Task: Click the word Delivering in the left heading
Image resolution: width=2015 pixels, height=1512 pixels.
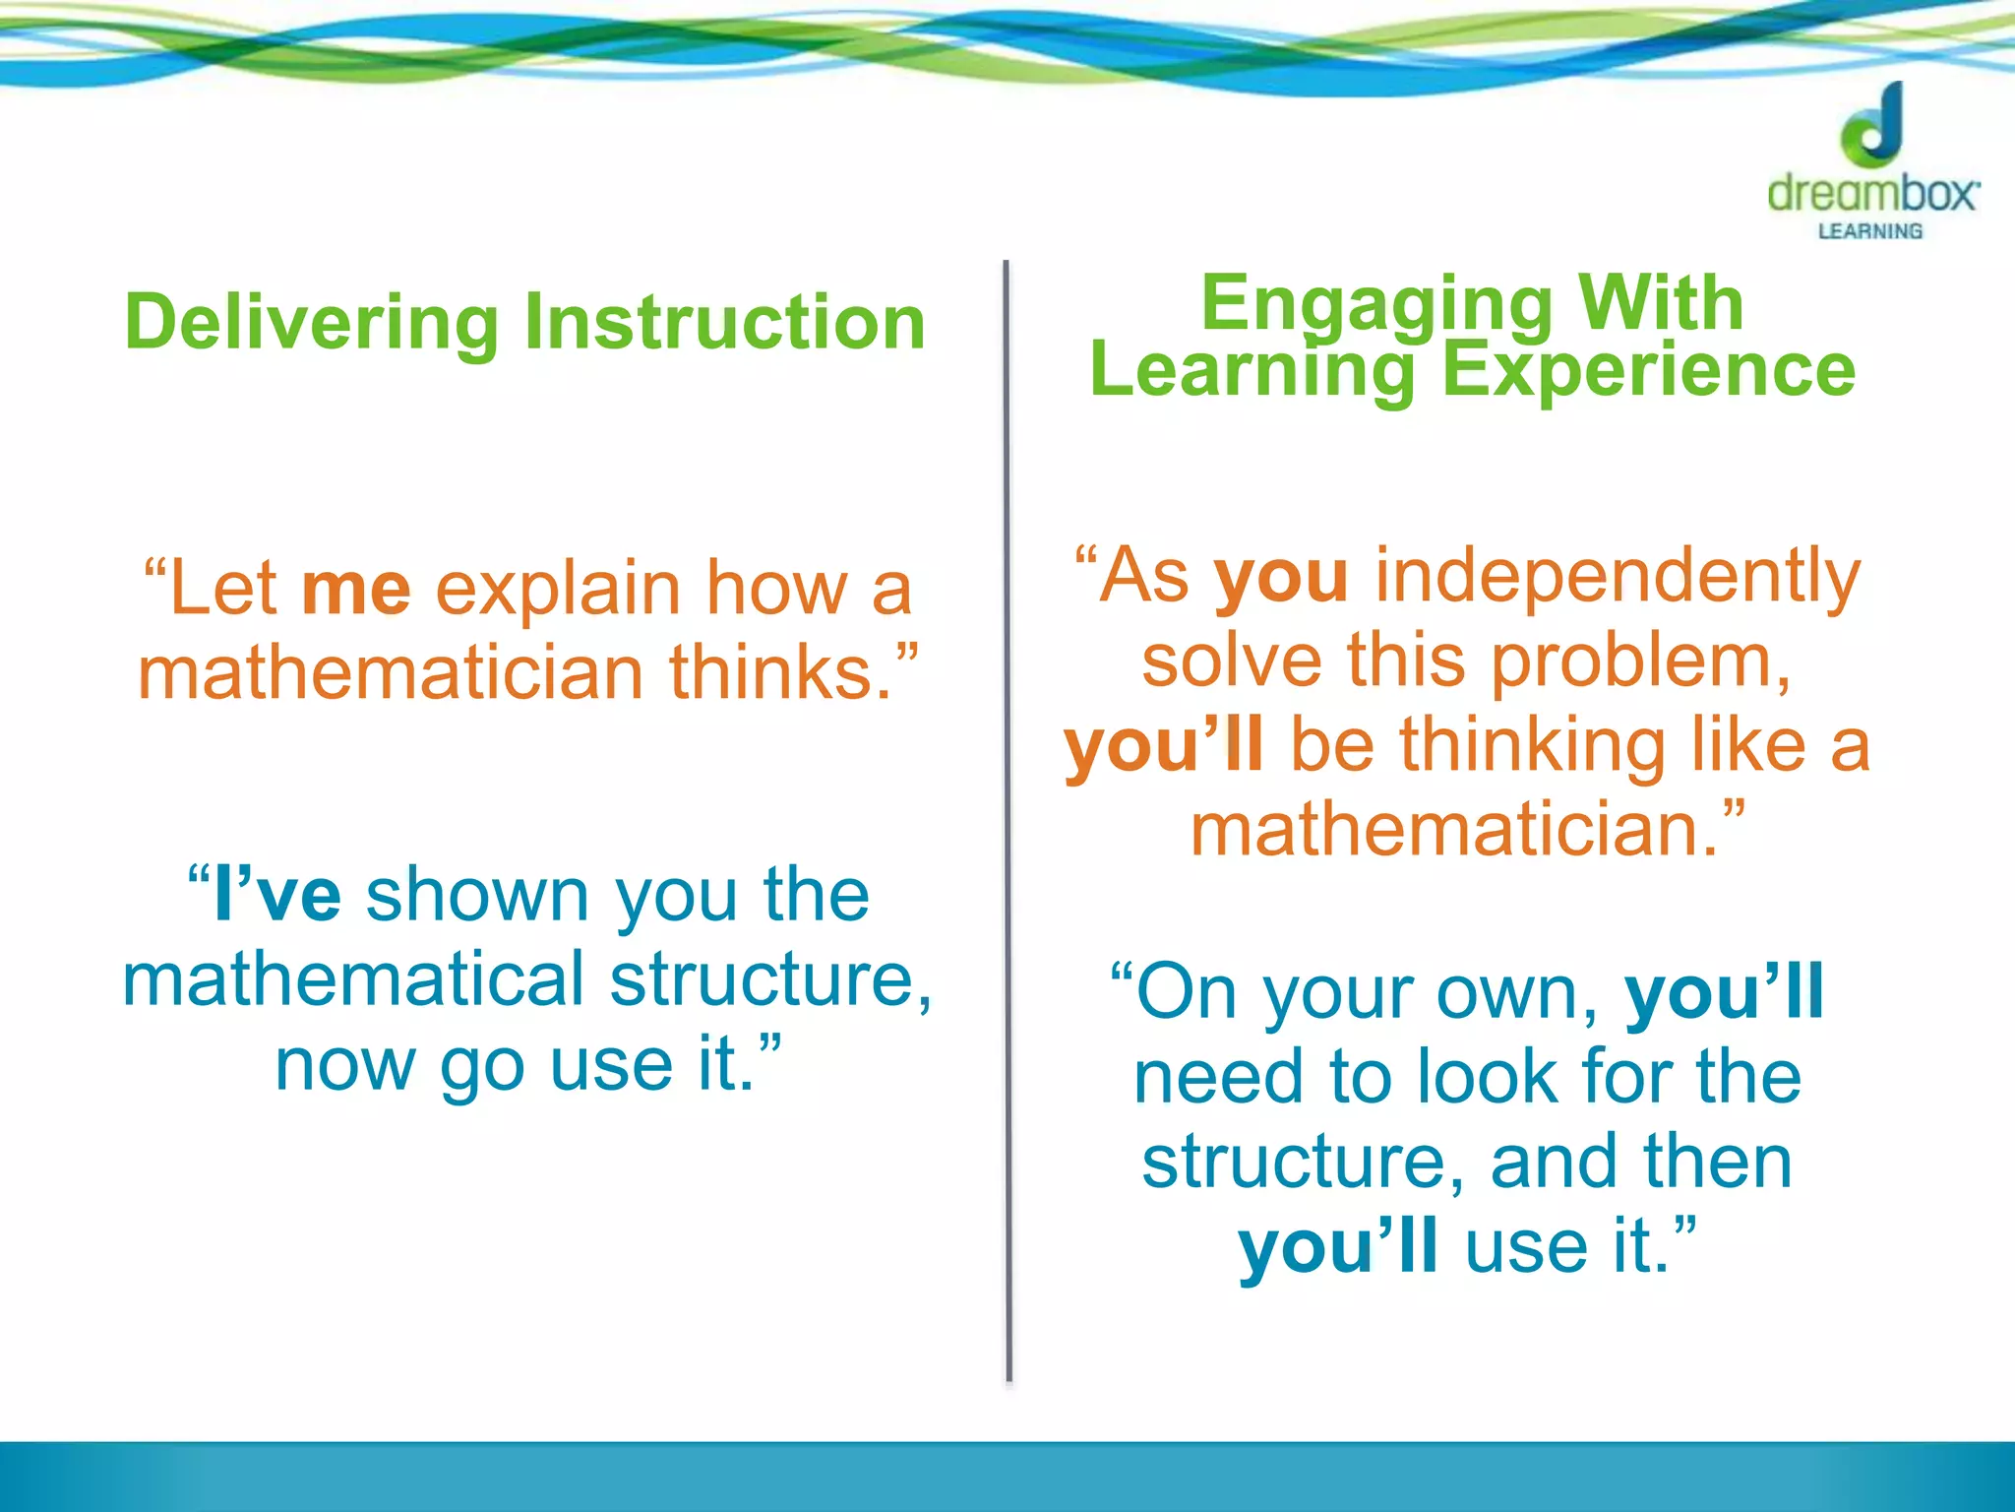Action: [x=312, y=323]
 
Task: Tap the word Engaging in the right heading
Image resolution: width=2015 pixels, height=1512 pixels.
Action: [x=1375, y=305]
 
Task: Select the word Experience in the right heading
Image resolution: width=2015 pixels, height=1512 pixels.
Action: [x=1648, y=370]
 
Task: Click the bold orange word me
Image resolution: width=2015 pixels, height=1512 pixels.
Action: [x=356, y=589]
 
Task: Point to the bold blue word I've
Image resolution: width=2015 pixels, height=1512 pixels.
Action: [x=275, y=895]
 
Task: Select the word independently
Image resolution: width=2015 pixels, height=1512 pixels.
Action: [x=1617, y=577]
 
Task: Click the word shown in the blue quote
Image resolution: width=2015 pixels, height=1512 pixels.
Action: [x=477, y=895]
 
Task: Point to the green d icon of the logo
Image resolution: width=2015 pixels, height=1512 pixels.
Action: [x=1872, y=127]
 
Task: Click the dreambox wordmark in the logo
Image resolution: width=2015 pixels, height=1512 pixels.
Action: [x=1872, y=192]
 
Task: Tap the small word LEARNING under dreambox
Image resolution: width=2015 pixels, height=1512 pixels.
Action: [x=1870, y=231]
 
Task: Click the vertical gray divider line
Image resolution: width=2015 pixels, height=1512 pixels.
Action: [x=1007, y=817]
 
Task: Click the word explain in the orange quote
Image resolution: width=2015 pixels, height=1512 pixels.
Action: [x=559, y=589]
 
